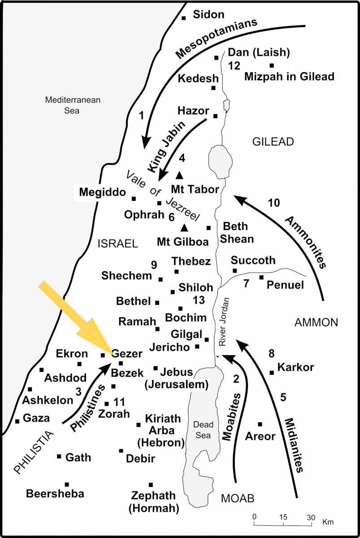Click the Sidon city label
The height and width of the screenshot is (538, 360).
[x=208, y=14]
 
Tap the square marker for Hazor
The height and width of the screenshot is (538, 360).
[x=215, y=116]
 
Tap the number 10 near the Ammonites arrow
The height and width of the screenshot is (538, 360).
[x=273, y=203]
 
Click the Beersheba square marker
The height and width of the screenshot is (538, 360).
[x=67, y=484]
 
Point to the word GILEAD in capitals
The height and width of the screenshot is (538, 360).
[x=273, y=142]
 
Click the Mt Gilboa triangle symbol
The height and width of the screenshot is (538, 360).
[x=184, y=227]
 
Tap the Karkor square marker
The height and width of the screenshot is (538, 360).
[x=271, y=373]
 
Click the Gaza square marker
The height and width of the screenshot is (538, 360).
[x=17, y=421]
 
